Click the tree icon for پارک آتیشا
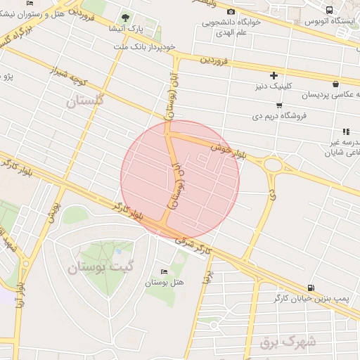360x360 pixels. pyautogui.click(x=126, y=17)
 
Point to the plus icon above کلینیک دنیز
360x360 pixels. pyautogui.click(x=274, y=75)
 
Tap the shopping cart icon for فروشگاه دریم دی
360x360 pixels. pyautogui.click(x=279, y=105)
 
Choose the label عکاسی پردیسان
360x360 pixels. pyautogui.click(x=330, y=94)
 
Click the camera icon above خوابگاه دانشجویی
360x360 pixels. pyautogui.click(x=231, y=11)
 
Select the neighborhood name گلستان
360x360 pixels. pyautogui.click(x=85, y=101)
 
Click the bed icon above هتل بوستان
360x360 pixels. pyautogui.click(x=164, y=271)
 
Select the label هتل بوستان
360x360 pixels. pyautogui.click(x=164, y=283)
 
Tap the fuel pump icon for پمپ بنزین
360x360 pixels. pyautogui.click(x=311, y=288)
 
